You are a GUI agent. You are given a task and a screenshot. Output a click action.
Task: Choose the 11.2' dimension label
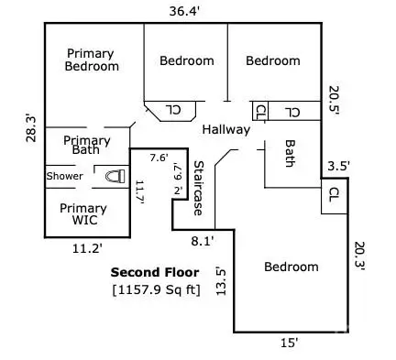[x=87, y=247]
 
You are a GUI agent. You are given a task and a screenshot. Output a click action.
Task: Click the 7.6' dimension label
[x=160, y=158]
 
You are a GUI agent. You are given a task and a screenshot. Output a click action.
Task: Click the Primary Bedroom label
[x=92, y=60]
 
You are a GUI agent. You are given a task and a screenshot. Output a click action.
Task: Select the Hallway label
[x=225, y=129]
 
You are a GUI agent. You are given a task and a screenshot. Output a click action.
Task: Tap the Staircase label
[x=197, y=189]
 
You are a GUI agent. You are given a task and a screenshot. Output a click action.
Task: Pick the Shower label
[x=65, y=176]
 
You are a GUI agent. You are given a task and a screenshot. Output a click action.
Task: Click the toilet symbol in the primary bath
[x=114, y=176]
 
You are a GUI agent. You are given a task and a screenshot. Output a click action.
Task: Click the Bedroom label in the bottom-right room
[x=291, y=267]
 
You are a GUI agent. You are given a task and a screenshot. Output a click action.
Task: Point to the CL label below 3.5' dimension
[x=333, y=195]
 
